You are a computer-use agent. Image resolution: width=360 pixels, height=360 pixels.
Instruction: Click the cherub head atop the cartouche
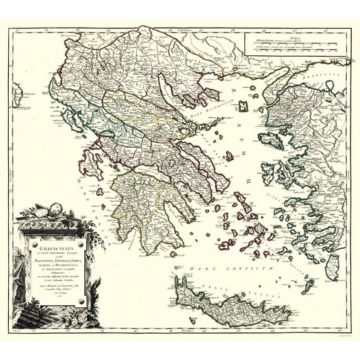pos(54,209)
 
